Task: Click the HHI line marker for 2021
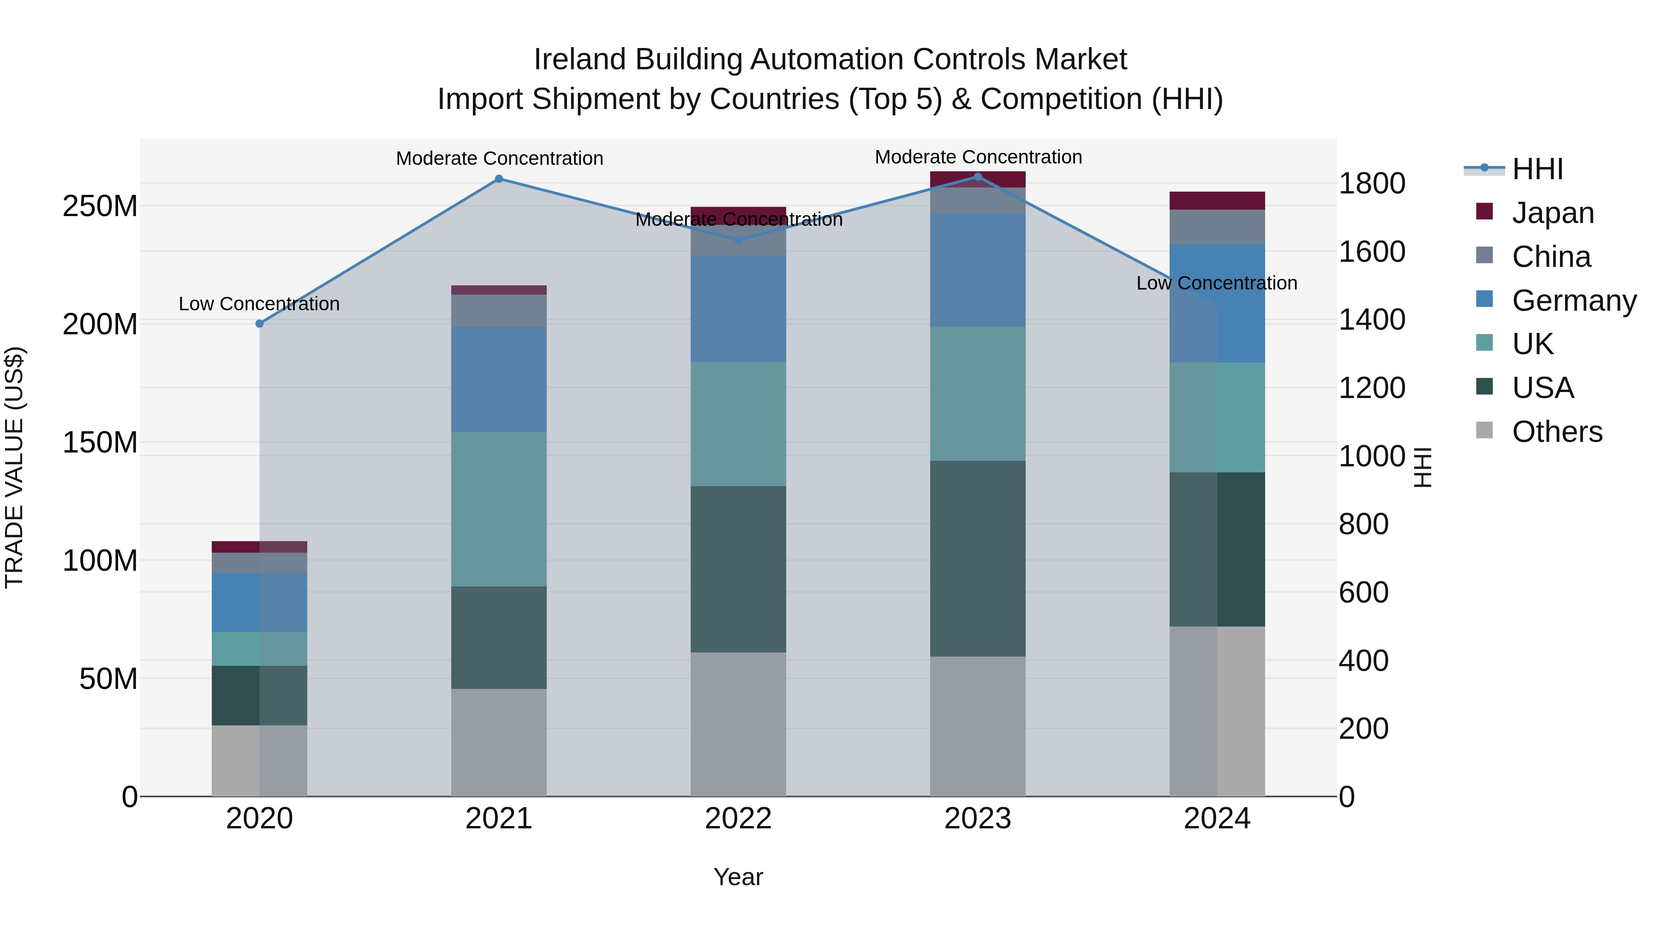498,179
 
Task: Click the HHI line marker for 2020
260,323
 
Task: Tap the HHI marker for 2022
738,240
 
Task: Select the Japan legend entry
1553,213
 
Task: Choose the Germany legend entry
1573,301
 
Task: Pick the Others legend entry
1557,432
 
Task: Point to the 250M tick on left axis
100,206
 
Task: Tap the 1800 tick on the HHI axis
1372,183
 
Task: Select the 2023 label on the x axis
978,819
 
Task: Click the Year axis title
738,877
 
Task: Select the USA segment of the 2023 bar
978,558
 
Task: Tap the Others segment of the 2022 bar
738,724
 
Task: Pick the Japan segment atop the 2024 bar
1217,201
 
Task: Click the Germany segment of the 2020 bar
260,602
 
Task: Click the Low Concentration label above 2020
258,304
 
